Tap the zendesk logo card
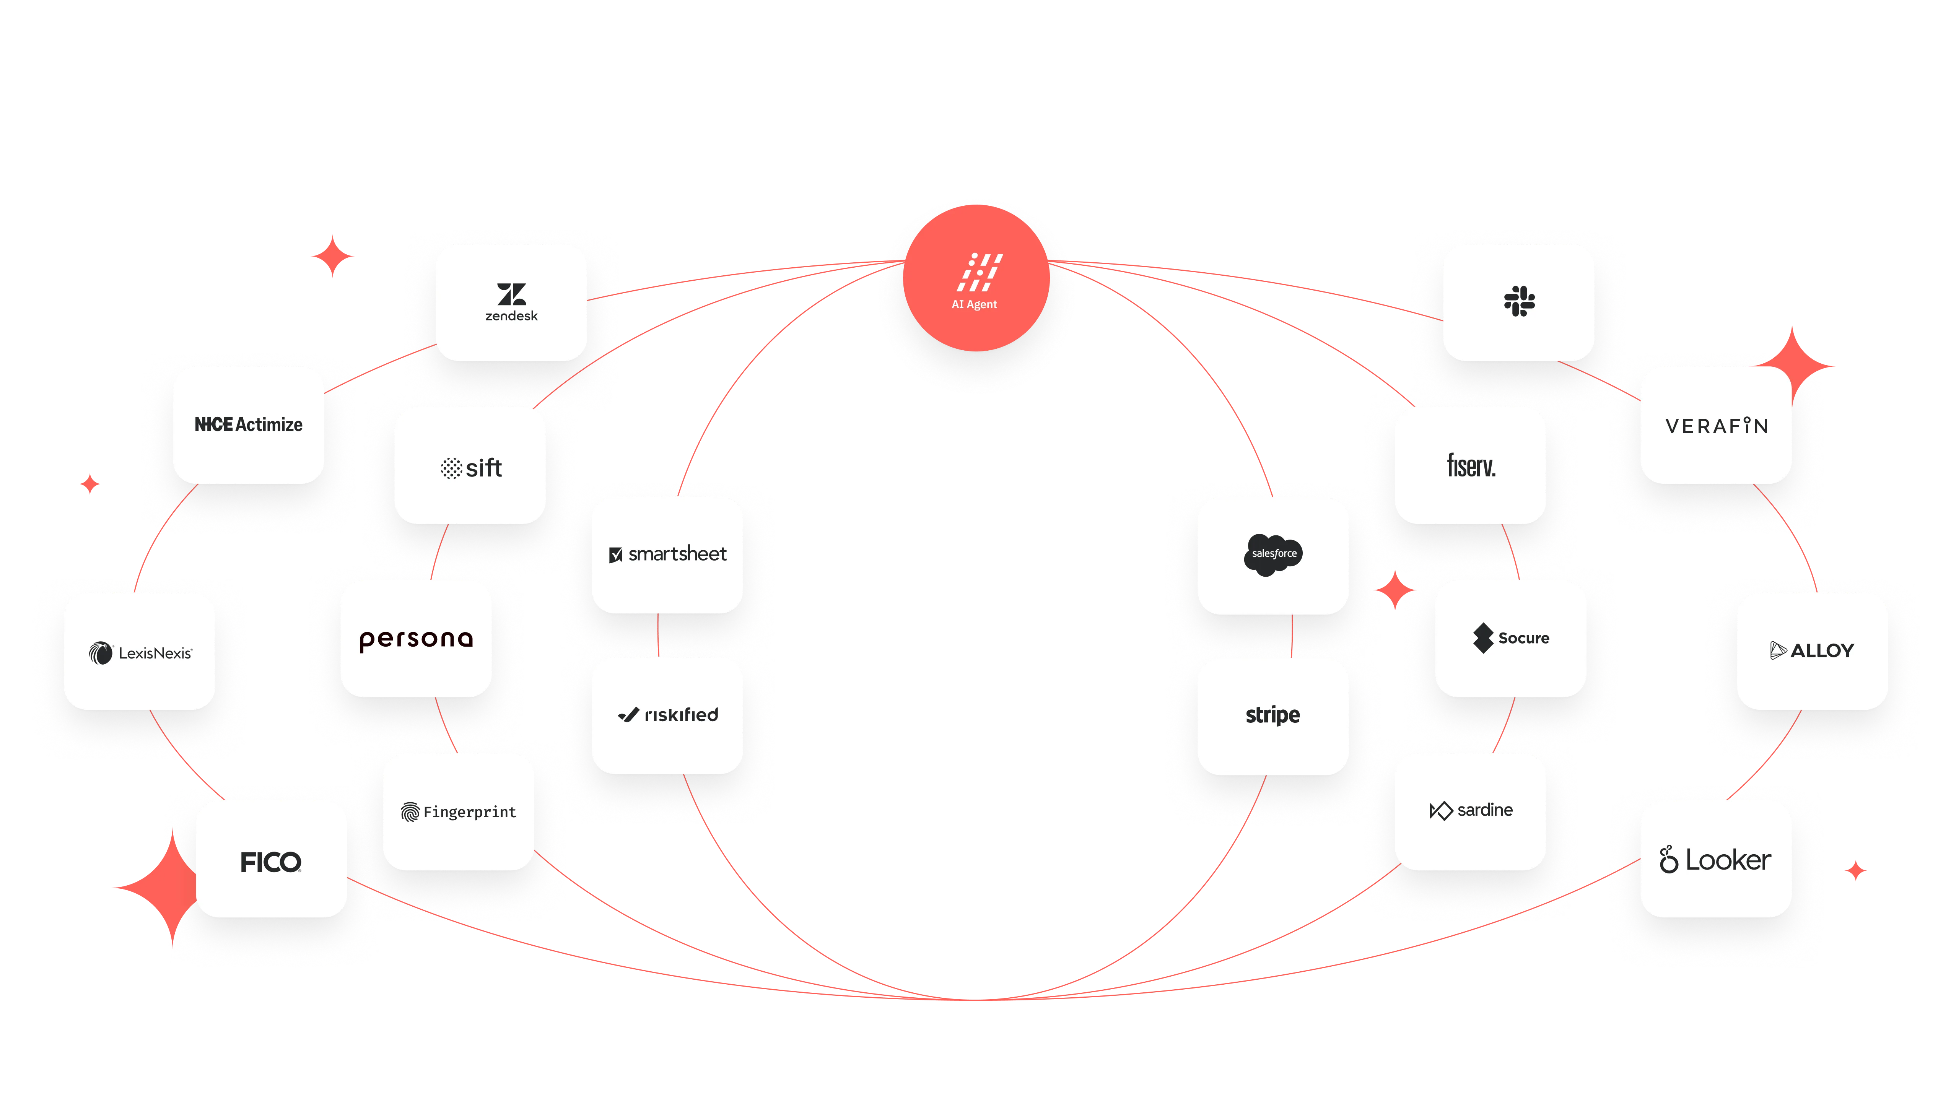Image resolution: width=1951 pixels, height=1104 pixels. pos(511,302)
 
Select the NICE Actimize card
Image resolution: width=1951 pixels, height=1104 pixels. pos(249,424)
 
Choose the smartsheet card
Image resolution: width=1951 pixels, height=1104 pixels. pos(667,554)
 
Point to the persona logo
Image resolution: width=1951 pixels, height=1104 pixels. pos(415,639)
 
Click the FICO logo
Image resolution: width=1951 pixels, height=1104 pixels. pos(271,861)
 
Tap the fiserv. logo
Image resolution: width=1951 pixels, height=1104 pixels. pos(1471,465)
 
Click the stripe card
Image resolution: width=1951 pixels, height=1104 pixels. pos(1273,715)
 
